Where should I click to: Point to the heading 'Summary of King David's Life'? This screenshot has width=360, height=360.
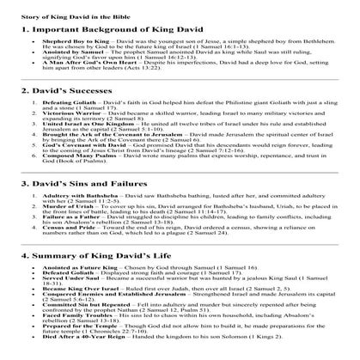point(89,279)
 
